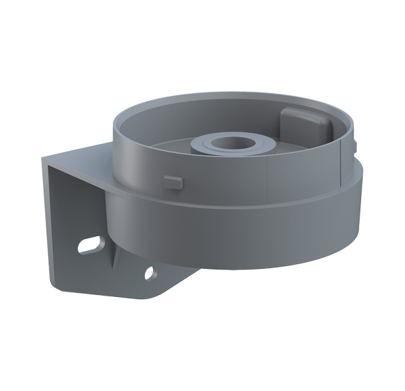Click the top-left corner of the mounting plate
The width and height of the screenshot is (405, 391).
(44, 158)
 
